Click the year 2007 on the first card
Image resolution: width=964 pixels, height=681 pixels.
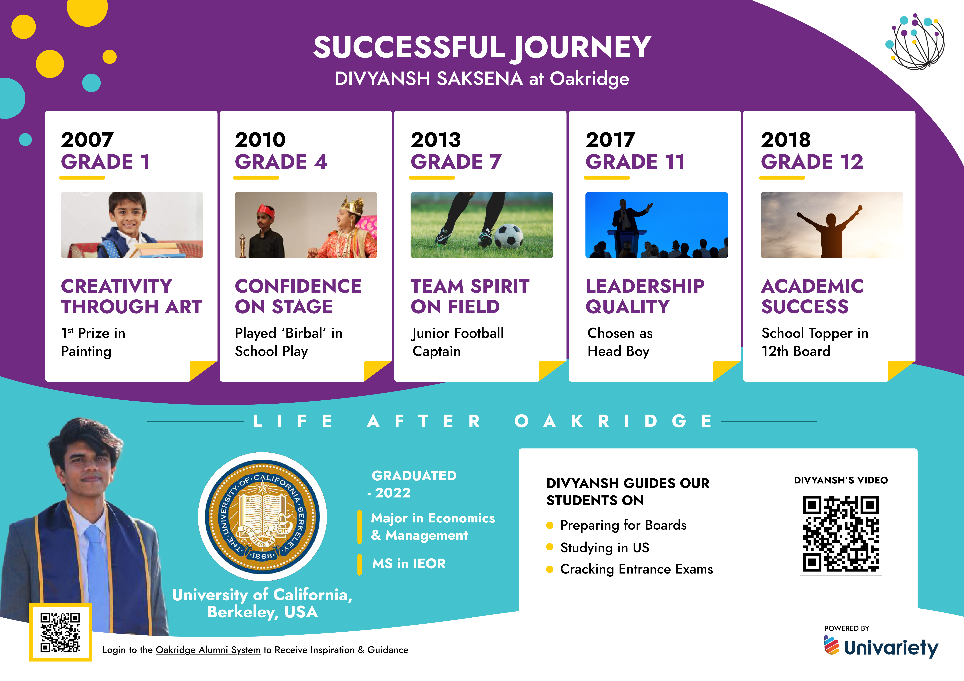point(87,140)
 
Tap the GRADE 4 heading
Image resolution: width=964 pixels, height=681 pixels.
point(281,162)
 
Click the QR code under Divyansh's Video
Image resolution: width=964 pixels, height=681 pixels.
point(841,534)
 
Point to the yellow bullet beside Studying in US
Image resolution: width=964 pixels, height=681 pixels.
point(550,547)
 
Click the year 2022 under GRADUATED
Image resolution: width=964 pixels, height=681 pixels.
point(393,493)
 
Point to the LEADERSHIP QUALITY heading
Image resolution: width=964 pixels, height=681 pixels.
point(645,296)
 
